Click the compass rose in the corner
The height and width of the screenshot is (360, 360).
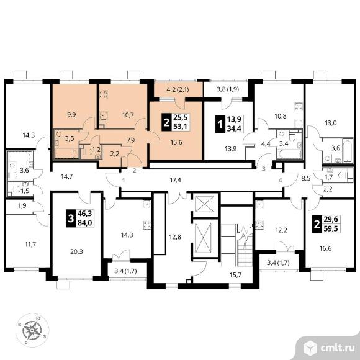click(x=32, y=330)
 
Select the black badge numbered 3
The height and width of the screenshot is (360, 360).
click(x=71, y=218)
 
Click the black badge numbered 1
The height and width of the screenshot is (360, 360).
click(x=220, y=124)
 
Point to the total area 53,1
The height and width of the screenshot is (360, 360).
click(x=180, y=126)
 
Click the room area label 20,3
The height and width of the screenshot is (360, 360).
click(x=77, y=252)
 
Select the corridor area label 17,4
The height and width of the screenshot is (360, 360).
click(x=176, y=180)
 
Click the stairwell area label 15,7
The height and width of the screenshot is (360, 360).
click(x=236, y=275)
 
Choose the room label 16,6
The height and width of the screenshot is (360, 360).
click(x=326, y=248)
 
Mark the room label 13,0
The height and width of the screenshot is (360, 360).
click(x=331, y=123)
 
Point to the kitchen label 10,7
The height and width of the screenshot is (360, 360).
click(x=128, y=115)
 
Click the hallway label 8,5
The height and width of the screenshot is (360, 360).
click(x=306, y=178)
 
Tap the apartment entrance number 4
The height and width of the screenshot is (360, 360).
click(x=280, y=181)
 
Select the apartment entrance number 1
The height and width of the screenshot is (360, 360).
click(x=124, y=180)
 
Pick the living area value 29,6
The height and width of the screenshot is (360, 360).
click(x=331, y=219)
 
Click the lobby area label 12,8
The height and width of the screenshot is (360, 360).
click(x=175, y=236)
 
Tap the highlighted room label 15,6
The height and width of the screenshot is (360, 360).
click(x=176, y=142)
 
